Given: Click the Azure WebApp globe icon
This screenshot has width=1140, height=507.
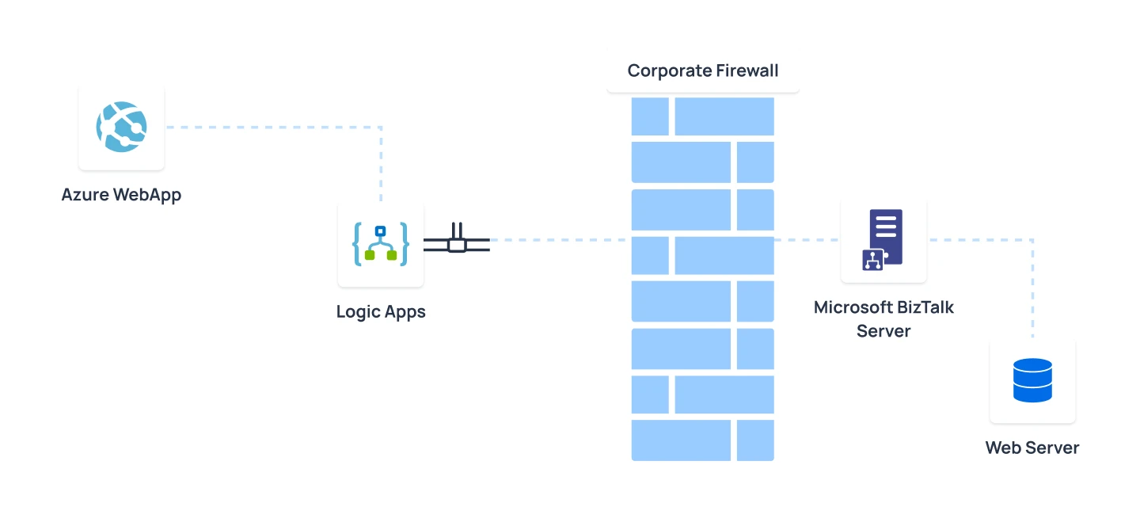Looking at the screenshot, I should tap(121, 127).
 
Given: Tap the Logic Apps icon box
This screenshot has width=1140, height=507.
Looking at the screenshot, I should tap(381, 244).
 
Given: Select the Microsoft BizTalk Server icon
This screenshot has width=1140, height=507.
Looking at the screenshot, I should tap(883, 240).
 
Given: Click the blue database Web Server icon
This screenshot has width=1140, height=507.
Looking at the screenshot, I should tap(1032, 380).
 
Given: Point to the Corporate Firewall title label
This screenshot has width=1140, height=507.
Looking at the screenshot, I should tap(703, 71).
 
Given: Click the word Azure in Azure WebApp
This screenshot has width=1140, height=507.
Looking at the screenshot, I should tap(85, 194).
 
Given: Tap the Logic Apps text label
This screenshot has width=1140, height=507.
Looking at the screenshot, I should tap(381, 311).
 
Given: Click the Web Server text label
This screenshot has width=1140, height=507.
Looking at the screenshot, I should tap(1032, 448).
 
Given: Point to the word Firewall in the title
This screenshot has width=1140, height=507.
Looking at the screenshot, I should tap(748, 71).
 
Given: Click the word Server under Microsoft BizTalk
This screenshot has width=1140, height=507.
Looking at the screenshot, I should tap(883, 330).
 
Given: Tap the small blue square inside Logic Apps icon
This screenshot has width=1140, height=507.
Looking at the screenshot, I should tap(381, 231).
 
